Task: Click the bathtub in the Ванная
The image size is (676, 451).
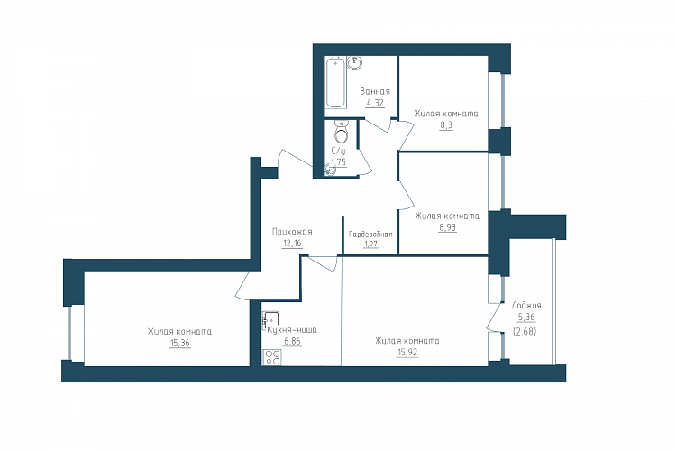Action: coord(336,83)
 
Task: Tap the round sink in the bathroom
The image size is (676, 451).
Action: coord(354,63)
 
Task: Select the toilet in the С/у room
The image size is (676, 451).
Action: coord(342,132)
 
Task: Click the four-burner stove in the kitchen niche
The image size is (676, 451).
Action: coord(272,357)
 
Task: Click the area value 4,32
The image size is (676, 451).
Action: coord(375,103)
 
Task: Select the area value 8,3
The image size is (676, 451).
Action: coord(446,125)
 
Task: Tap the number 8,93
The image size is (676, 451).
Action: coord(447,227)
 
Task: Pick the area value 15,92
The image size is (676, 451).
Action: coord(407,352)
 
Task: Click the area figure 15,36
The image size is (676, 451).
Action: coord(179,343)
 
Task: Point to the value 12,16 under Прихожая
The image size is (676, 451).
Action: coord(292,243)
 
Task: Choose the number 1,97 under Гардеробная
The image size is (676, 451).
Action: coord(370,244)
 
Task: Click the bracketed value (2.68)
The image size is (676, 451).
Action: coord(525,332)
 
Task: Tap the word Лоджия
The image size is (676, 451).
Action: coord(526,305)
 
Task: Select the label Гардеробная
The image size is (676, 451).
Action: coord(370,235)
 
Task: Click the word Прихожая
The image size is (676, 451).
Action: coord(292,232)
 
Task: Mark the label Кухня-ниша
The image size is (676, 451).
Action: coord(292,330)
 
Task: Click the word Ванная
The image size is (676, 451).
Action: coord(375,91)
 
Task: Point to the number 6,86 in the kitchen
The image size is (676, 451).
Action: coord(292,341)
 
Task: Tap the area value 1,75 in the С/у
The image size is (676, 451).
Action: coord(338,162)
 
